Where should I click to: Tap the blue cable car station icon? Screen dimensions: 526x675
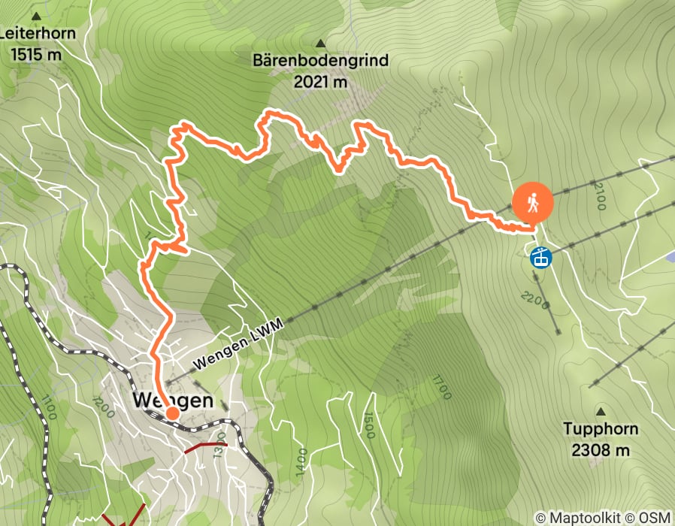click(540, 258)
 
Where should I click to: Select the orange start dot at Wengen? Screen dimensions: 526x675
click(172, 413)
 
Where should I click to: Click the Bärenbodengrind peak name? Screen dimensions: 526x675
click(322, 61)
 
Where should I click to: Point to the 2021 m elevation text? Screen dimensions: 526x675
click(321, 82)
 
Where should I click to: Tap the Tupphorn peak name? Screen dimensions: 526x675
click(601, 430)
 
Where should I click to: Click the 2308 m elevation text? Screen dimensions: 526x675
click(601, 450)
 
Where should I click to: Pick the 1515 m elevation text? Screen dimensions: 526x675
click(35, 53)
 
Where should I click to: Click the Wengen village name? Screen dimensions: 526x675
click(173, 401)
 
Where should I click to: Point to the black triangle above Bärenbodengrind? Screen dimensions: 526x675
click(322, 43)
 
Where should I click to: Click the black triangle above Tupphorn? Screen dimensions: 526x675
click(601, 412)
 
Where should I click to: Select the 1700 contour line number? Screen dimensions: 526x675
click(440, 386)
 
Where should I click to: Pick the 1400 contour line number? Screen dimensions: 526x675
click(301, 459)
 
